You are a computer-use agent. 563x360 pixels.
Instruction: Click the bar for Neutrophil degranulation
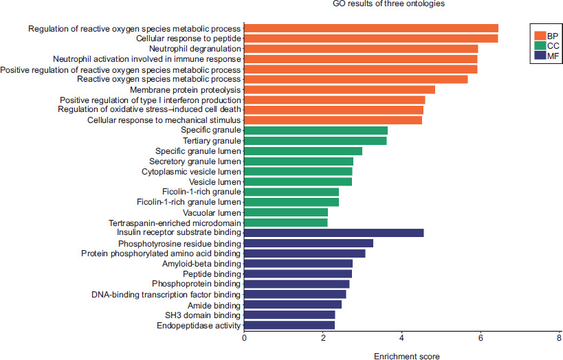click(361, 49)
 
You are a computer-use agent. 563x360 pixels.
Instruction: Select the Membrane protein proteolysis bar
click(340, 89)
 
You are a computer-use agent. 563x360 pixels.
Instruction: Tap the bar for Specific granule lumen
click(303, 151)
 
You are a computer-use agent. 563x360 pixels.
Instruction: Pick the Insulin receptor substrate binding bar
click(334, 233)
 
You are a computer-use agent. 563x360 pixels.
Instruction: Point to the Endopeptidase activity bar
click(289, 325)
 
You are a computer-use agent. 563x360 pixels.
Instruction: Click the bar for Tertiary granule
click(316, 141)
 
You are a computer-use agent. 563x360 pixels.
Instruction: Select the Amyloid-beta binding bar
click(298, 264)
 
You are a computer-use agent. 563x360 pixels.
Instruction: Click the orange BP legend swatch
click(540, 35)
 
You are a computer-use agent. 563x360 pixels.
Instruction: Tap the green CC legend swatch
click(540, 46)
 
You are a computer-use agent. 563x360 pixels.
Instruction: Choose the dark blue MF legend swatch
click(540, 57)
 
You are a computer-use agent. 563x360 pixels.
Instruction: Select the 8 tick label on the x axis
click(560, 337)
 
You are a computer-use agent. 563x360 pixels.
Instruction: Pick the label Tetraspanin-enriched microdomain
click(175, 223)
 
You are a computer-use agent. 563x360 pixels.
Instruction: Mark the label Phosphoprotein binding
click(197, 284)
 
